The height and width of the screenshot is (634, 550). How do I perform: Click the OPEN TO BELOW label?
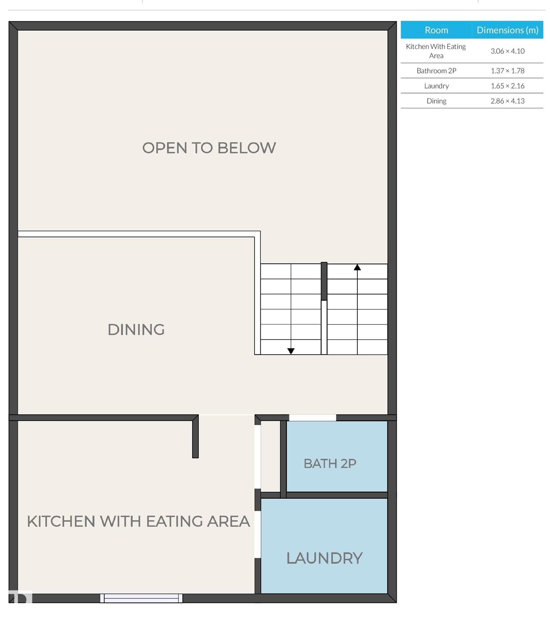coord(209,148)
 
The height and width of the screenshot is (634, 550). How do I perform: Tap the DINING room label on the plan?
coord(136,330)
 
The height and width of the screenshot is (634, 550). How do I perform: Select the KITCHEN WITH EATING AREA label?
coord(138,521)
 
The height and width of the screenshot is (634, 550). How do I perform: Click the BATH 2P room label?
coord(330,463)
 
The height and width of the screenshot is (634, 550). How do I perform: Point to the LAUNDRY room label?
coord(324,558)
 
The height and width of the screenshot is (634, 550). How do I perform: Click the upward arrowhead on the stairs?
coord(357,267)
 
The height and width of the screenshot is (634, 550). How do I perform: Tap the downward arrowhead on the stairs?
coord(291,351)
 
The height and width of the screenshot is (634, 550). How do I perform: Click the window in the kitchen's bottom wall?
coord(141,598)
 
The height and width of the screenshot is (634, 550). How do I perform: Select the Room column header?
coord(436,30)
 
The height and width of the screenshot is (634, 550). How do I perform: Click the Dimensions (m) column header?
coord(507,30)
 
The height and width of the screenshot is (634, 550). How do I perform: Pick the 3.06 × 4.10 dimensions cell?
coord(507,51)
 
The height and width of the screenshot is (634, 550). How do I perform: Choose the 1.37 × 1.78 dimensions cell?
coord(507,70)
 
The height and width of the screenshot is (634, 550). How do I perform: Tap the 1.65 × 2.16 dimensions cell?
coord(507,86)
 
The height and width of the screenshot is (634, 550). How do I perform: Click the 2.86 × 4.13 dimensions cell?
coord(507,101)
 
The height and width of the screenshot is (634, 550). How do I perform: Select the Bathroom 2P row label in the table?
coord(436,70)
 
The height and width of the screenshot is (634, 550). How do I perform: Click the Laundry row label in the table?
coord(436,86)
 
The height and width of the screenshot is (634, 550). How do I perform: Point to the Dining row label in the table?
coord(436,101)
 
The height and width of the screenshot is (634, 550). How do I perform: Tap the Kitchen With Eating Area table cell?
coord(436,51)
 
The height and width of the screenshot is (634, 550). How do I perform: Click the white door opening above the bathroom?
coord(312,418)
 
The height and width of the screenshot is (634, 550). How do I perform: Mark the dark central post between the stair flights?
coord(324,281)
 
